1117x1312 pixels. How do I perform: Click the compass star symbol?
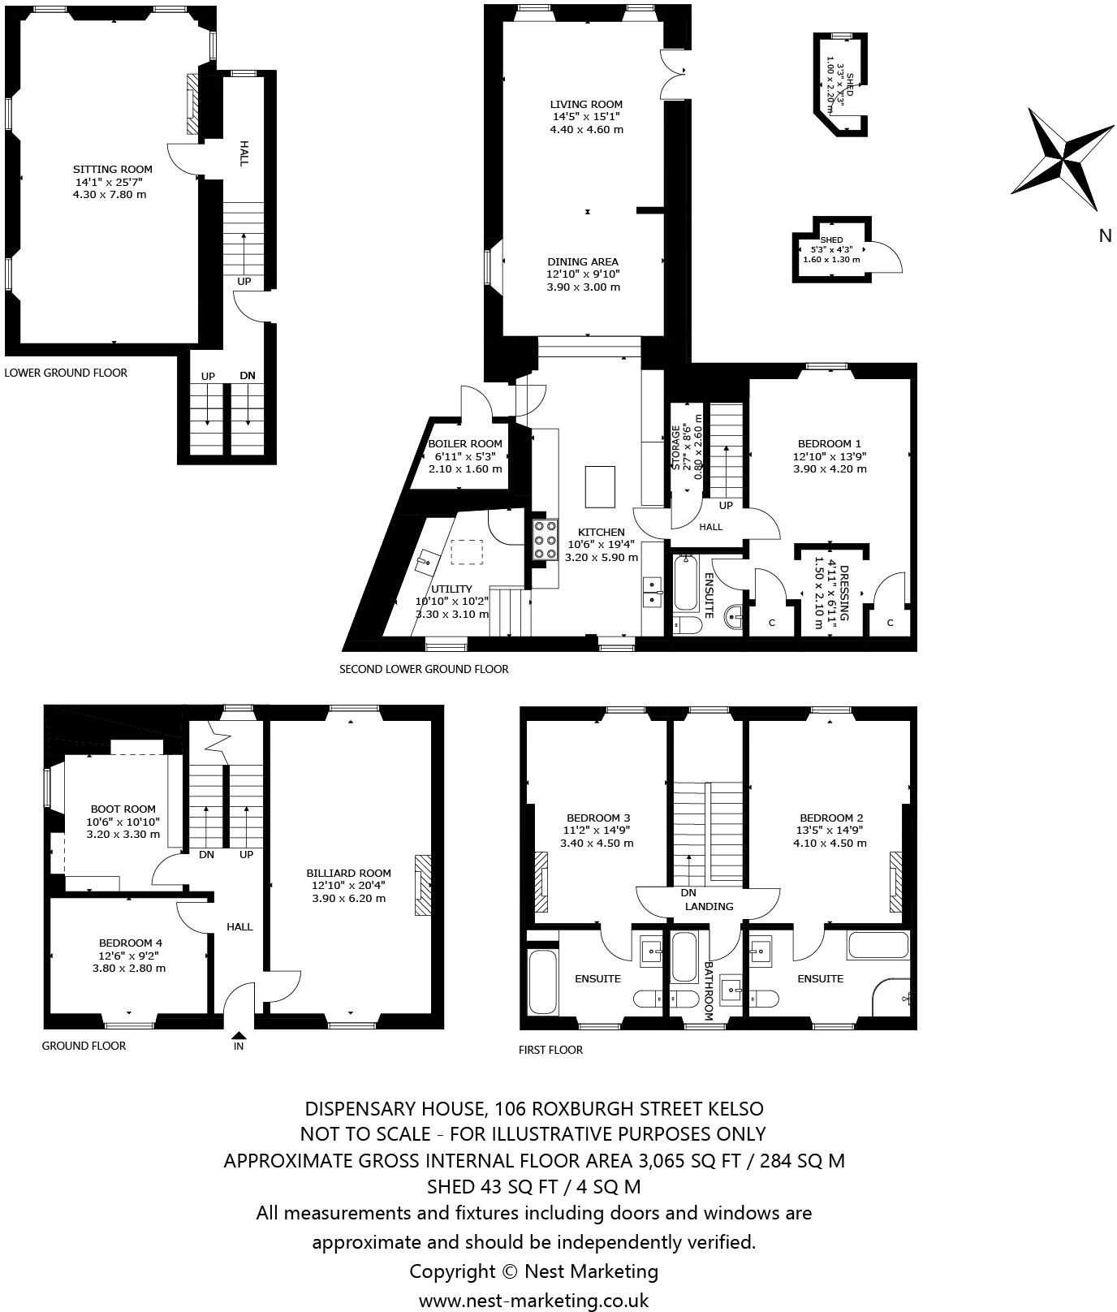tap(1062, 159)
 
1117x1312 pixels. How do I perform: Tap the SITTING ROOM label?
tap(112, 170)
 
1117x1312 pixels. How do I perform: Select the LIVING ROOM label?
tap(586, 104)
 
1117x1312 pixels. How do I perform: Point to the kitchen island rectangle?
tap(600, 485)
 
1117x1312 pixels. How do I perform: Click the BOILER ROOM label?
tap(465, 444)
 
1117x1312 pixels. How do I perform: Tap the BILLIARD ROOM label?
tap(349, 874)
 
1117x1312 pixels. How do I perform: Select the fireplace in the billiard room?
tap(423, 884)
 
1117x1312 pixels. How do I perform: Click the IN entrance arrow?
tap(239, 1037)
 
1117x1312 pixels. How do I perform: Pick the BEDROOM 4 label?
tap(130, 943)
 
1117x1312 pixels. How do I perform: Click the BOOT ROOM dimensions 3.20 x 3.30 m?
tap(123, 834)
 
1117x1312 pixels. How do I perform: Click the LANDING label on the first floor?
tap(709, 907)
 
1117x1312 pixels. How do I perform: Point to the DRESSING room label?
tap(843, 593)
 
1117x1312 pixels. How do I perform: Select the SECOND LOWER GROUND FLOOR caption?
tap(424, 669)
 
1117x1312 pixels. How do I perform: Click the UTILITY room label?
tap(451, 589)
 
